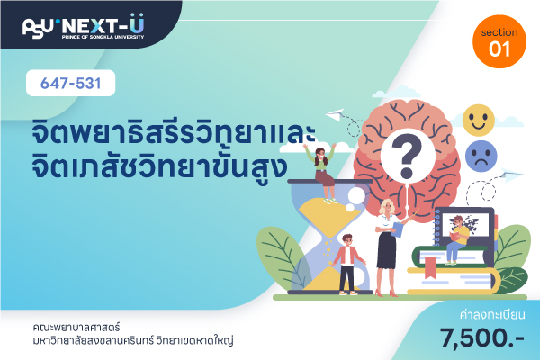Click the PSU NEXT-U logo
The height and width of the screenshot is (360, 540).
click(x=84, y=26)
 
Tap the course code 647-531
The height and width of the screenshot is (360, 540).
click(x=70, y=84)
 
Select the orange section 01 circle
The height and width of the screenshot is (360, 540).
click(x=499, y=41)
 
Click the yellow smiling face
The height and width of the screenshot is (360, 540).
click(x=479, y=121)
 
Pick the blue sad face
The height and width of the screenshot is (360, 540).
click(x=481, y=156)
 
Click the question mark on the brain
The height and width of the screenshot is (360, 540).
click(x=408, y=157)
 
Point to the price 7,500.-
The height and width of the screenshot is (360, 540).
click(x=481, y=338)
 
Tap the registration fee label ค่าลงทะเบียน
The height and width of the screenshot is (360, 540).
click(x=492, y=315)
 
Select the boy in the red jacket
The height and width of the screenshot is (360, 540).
click(x=347, y=265)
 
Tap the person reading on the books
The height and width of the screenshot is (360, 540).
click(x=457, y=240)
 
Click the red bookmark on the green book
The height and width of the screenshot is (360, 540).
click(x=430, y=267)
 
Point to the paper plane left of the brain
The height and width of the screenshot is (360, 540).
click(x=335, y=114)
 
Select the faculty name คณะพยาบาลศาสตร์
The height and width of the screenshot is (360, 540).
click(x=76, y=327)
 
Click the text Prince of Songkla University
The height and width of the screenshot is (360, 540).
click(x=103, y=37)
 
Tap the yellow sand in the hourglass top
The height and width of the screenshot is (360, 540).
click(x=329, y=217)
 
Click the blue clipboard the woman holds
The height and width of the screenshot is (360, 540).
click(x=397, y=229)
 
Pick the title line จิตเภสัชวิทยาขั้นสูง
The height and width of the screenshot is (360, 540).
click(x=159, y=167)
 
